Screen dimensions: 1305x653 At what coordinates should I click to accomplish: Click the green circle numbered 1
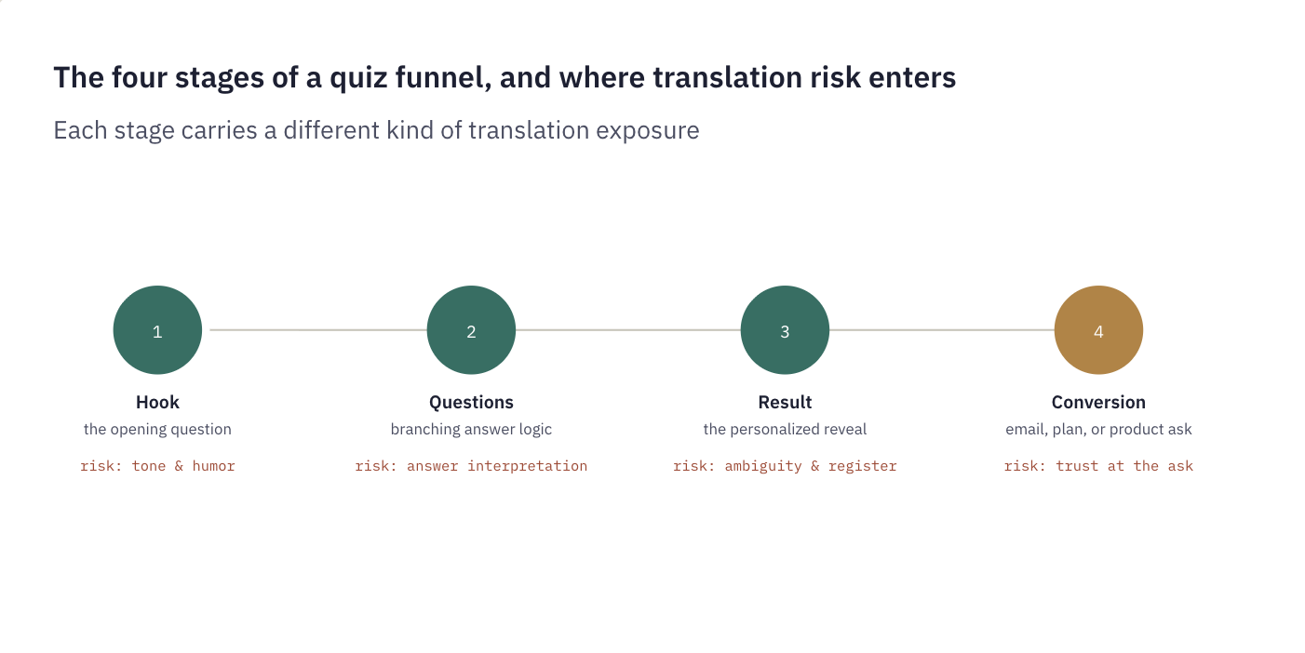click(x=157, y=330)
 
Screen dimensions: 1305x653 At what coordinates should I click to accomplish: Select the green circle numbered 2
click(x=471, y=330)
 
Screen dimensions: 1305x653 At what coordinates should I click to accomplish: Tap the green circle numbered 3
click(x=785, y=330)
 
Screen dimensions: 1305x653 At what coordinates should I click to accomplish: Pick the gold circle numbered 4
click(x=1098, y=330)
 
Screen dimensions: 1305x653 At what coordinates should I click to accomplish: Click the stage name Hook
click(x=157, y=402)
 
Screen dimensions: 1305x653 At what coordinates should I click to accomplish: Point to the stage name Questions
click(x=471, y=402)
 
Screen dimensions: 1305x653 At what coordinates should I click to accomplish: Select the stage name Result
click(x=785, y=402)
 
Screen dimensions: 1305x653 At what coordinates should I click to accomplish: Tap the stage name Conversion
click(x=1098, y=402)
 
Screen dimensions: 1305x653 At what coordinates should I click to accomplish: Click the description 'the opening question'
click(x=157, y=430)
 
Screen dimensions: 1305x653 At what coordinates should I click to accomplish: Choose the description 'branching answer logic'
click(x=471, y=430)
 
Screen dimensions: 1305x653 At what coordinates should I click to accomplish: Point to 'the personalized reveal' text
click(x=785, y=430)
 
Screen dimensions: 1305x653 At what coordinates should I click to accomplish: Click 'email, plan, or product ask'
click(x=1098, y=430)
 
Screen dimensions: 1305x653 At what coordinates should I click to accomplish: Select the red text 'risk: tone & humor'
click(x=157, y=466)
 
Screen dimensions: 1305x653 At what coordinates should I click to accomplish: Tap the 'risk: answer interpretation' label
click(x=471, y=466)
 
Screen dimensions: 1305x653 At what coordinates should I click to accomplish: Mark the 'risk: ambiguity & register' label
click(x=785, y=466)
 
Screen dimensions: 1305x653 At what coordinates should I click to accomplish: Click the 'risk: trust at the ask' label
click(x=1098, y=466)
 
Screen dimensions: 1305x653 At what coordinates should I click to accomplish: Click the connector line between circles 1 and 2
click(x=318, y=330)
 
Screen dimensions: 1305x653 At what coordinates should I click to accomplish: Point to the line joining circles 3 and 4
click(x=942, y=330)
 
